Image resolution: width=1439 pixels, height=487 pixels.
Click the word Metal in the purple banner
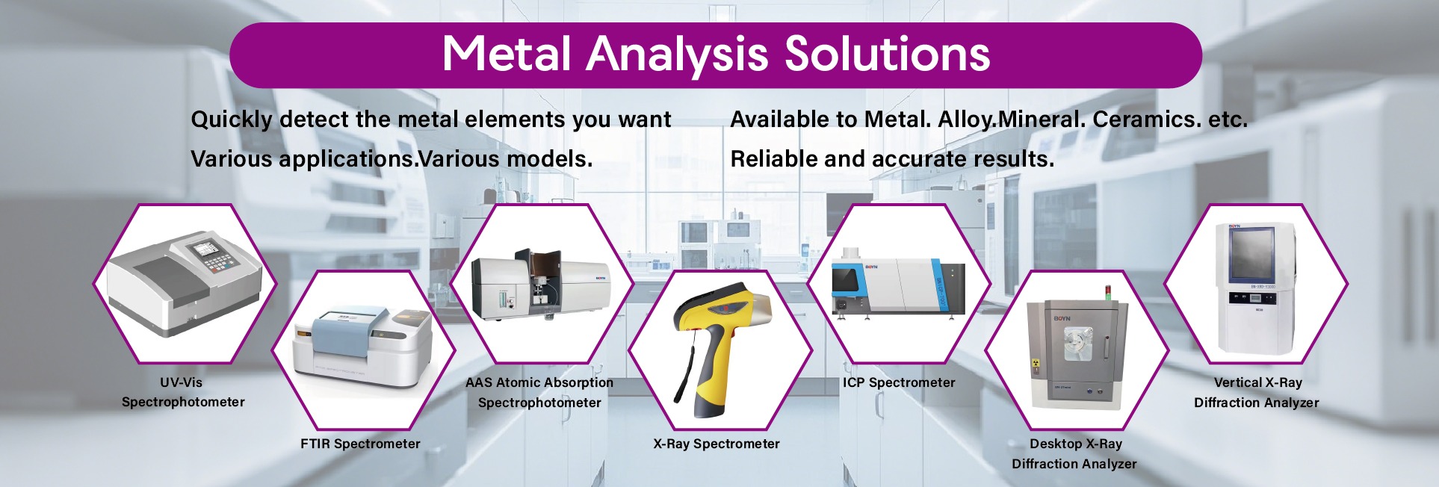point(507,54)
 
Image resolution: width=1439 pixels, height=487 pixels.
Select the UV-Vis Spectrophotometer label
point(183,392)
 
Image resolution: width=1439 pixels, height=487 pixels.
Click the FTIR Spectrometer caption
point(360,444)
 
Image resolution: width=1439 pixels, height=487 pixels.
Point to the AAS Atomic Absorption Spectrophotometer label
point(539,392)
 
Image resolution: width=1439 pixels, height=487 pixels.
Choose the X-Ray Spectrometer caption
point(717,444)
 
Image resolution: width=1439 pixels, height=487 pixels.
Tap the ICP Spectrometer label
point(899,382)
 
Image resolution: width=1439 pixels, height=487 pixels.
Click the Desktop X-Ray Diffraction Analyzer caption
point(1074,453)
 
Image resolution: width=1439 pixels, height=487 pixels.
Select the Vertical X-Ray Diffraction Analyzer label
point(1257,392)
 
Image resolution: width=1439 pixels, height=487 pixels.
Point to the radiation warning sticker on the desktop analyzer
point(1036,365)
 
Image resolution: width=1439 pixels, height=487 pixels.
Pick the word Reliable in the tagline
point(773,158)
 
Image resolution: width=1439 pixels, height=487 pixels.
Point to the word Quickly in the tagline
point(232,120)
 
